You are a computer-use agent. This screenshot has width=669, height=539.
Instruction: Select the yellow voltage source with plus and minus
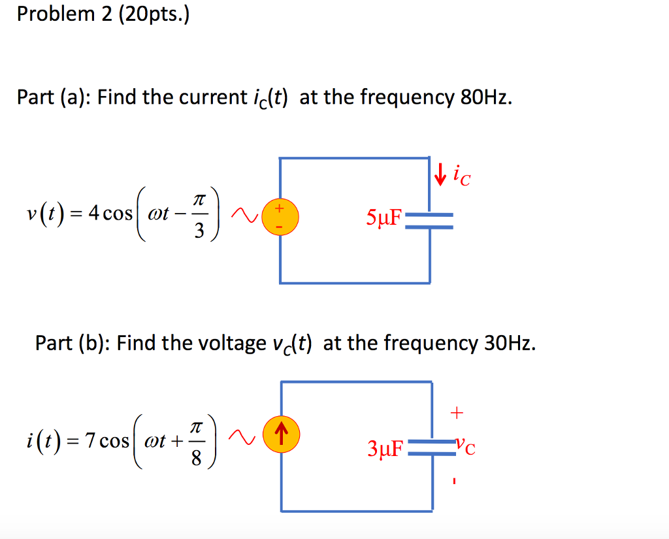tap(280, 218)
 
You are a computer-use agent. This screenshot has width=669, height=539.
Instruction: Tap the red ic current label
tap(461, 175)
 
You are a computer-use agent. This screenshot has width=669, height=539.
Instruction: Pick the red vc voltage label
tap(466, 448)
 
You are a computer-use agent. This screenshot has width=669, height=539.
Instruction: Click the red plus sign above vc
tap(457, 412)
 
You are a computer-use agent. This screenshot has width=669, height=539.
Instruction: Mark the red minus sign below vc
tap(457, 483)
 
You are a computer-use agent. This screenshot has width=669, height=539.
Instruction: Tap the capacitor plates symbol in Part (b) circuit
tap(431, 448)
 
